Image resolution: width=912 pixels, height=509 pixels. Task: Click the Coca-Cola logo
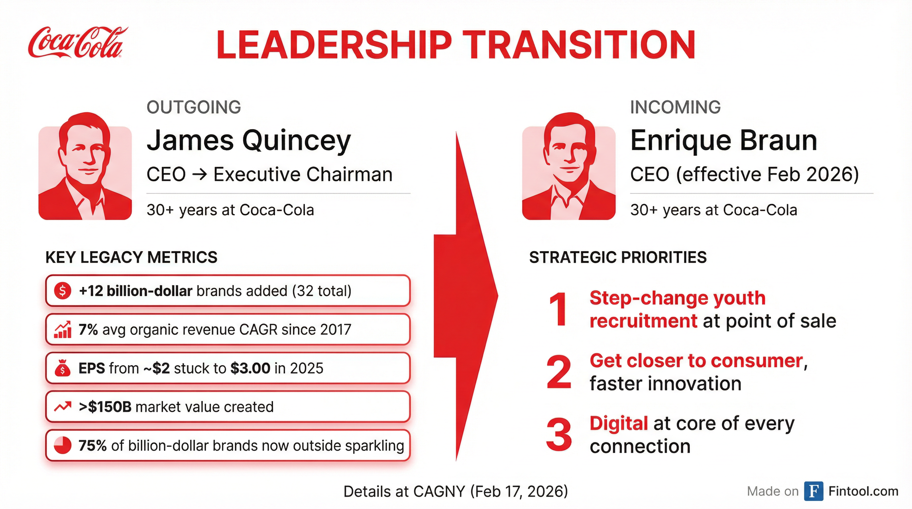tap(77, 42)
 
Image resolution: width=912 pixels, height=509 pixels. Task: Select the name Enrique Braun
tap(723, 141)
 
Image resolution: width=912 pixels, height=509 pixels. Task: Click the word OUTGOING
tap(194, 107)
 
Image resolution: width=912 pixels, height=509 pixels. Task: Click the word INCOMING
tap(675, 107)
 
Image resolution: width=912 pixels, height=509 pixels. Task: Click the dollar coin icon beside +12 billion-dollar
tap(62, 291)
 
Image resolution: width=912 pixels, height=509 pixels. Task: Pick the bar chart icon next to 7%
tap(63, 330)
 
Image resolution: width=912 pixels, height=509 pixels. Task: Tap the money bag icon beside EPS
tap(63, 368)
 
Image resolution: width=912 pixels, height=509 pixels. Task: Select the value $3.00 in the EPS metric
tap(250, 368)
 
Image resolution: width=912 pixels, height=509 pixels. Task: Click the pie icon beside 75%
tap(63, 446)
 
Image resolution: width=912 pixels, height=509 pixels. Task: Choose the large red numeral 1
tap(558, 310)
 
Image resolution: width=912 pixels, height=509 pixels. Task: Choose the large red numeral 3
tap(558, 435)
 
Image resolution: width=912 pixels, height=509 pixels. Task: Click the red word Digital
tap(618, 424)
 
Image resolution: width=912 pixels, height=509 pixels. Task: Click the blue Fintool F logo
tap(813, 491)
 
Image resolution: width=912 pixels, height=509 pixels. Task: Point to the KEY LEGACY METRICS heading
tap(131, 257)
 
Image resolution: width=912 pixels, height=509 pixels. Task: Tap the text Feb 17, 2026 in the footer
tap(519, 492)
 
